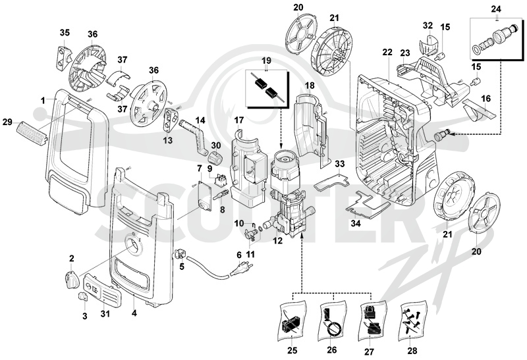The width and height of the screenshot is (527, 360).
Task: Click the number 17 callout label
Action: (x=238, y=120)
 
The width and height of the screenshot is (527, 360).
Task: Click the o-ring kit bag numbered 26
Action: (x=332, y=321)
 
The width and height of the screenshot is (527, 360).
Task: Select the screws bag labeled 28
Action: (x=412, y=321)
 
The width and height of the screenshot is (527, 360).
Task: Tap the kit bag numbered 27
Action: (x=372, y=321)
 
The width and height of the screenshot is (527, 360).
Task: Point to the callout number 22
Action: (x=387, y=53)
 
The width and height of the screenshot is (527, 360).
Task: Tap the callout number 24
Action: (x=496, y=9)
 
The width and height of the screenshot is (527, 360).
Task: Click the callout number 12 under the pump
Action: (x=277, y=241)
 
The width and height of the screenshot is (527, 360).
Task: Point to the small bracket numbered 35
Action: (x=64, y=59)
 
